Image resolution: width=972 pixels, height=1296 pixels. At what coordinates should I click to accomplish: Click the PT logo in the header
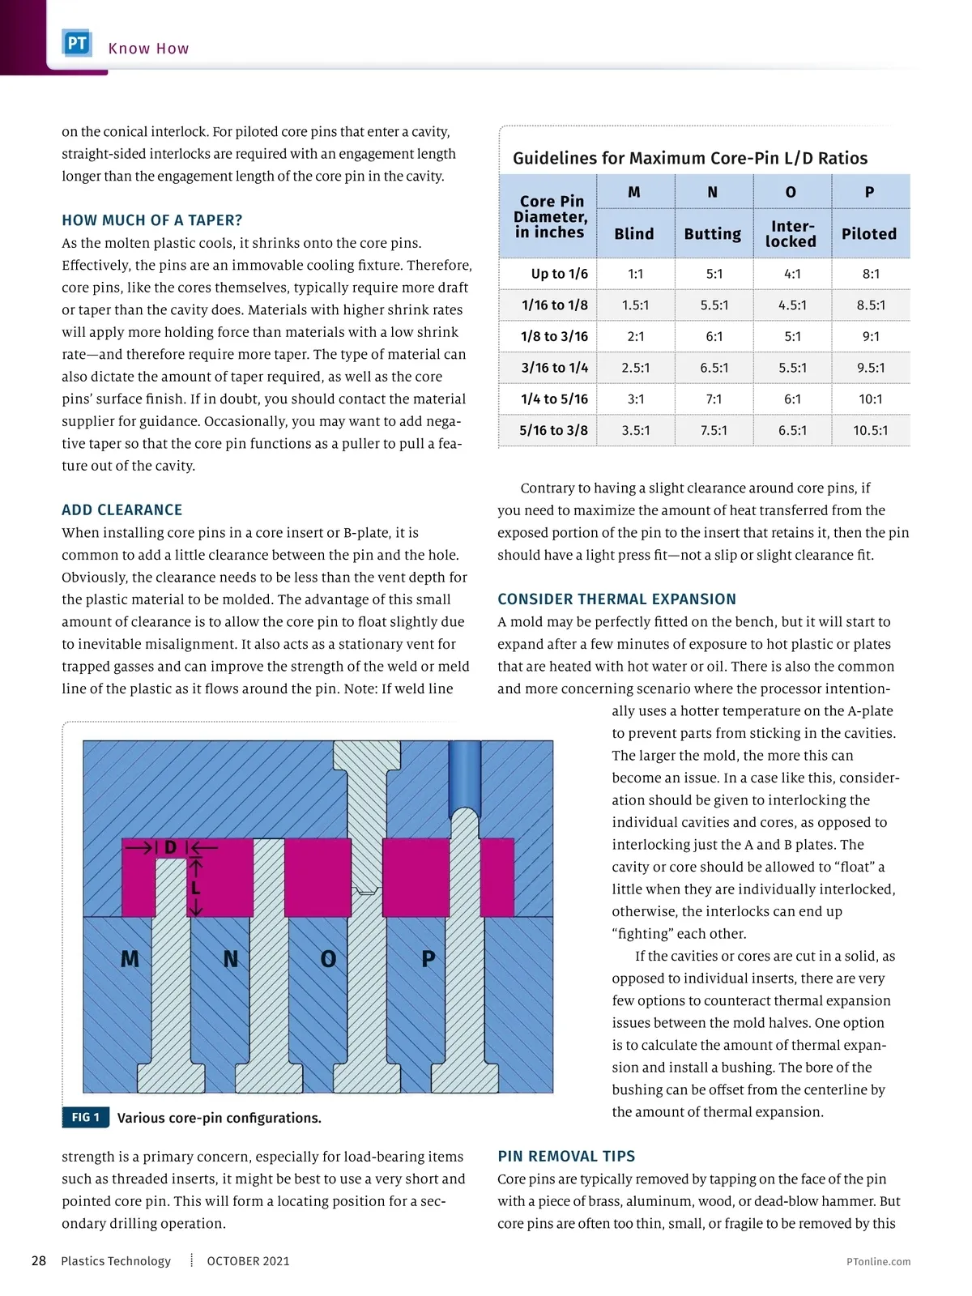[x=77, y=44]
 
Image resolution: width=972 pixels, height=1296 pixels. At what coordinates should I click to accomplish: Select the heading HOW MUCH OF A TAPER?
[x=152, y=220]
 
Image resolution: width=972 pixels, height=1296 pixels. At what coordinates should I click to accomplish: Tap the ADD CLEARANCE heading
[x=122, y=510]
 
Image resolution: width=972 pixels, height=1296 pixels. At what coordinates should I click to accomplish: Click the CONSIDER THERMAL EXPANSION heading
[x=617, y=599]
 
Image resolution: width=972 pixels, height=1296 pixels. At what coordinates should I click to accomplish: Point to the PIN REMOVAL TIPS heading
[x=566, y=1157]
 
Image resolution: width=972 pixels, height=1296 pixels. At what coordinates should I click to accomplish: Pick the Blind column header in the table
[x=633, y=234]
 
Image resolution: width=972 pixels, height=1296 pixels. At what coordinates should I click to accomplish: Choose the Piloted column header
[x=869, y=234]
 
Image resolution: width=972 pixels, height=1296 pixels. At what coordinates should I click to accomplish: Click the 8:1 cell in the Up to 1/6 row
[x=871, y=274]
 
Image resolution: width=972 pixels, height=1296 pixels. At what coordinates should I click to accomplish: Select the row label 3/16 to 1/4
[x=555, y=368]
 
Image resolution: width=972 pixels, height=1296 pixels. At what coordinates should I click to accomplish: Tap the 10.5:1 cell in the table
[x=871, y=431]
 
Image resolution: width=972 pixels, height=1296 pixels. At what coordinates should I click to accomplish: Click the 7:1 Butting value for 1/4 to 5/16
[x=714, y=399]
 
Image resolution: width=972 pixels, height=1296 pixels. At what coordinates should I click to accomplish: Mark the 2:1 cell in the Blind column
[x=636, y=337]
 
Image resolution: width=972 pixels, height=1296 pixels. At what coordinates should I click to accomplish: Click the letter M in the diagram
[x=130, y=960]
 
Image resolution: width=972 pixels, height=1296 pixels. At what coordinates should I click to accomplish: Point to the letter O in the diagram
[x=328, y=960]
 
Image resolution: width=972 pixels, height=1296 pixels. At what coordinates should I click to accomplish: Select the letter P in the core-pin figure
[x=428, y=960]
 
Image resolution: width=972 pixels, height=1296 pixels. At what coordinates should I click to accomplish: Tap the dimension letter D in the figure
[x=170, y=848]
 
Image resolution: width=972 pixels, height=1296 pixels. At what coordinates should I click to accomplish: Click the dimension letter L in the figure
[x=195, y=888]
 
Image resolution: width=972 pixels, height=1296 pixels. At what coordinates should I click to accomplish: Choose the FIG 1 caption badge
[x=85, y=1118]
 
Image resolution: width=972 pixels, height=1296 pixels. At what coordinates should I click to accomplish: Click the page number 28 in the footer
[x=39, y=1261]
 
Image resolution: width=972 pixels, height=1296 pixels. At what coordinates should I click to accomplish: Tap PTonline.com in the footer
[x=878, y=1262]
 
